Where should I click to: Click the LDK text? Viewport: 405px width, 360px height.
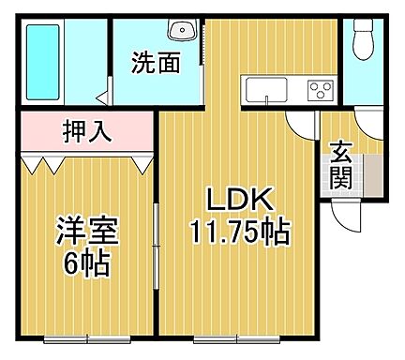coord(239,200)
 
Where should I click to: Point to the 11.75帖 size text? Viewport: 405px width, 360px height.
coord(239,230)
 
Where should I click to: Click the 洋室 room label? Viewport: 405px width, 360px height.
coord(81,230)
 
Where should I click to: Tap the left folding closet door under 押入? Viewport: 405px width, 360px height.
coord(42,162)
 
